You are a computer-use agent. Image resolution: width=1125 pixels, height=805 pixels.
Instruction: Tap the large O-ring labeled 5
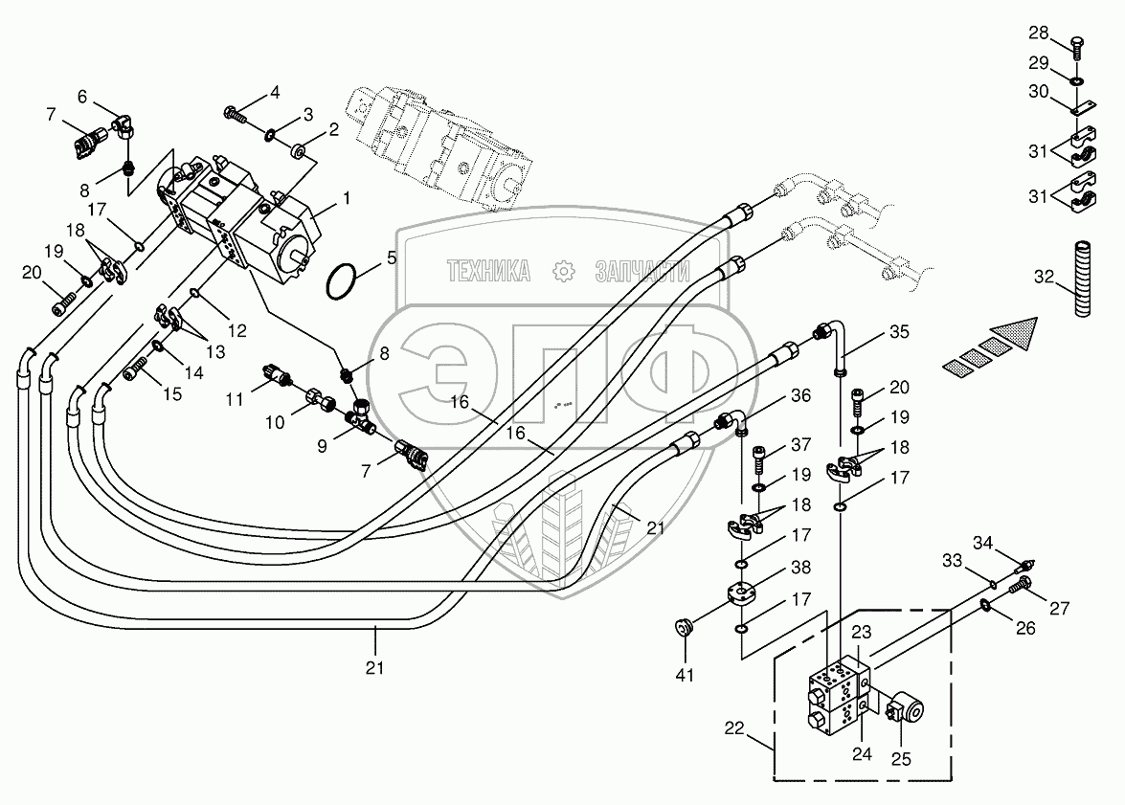coord(342,282)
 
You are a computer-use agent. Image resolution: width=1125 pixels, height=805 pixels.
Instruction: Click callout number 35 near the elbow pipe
coord(899,334)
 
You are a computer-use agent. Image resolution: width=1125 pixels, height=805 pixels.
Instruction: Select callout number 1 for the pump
coord(346,198)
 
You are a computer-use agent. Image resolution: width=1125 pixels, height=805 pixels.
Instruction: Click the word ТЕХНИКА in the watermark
coord(488,272)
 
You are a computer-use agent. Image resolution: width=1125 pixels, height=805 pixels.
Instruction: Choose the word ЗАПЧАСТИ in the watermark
coord(641,272)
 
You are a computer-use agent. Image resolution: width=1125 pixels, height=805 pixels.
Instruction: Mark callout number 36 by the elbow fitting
coord(800,394)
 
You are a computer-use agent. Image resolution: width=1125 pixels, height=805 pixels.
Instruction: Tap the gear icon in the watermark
coord(563,272)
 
